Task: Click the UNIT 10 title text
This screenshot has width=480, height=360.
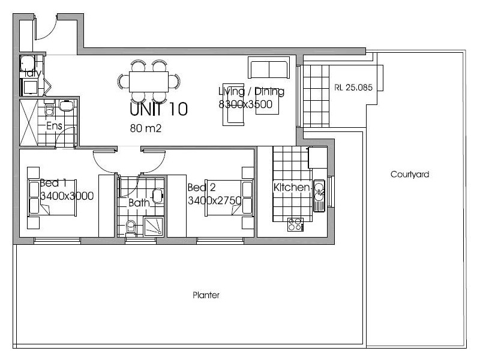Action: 159,109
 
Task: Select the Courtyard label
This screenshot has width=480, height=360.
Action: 410,175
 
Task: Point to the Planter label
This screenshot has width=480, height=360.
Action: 206,295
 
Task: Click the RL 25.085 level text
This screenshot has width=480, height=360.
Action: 353,87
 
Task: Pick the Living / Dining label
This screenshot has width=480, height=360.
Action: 251,92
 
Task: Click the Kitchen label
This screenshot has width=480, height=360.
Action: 292,187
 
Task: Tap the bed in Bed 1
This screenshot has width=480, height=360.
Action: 53,199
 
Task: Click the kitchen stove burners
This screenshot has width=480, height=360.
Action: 295,224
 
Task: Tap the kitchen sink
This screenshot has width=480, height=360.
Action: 319,191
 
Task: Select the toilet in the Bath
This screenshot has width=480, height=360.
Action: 130,227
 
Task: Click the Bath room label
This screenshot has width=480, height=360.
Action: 139,203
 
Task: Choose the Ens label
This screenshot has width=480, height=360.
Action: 55,126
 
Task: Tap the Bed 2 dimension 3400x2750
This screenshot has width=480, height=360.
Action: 214,200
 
